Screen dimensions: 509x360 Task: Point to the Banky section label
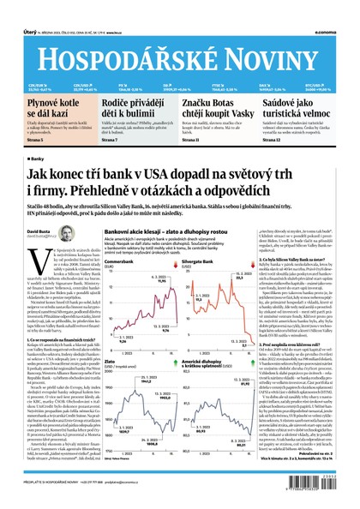point(38,159)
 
